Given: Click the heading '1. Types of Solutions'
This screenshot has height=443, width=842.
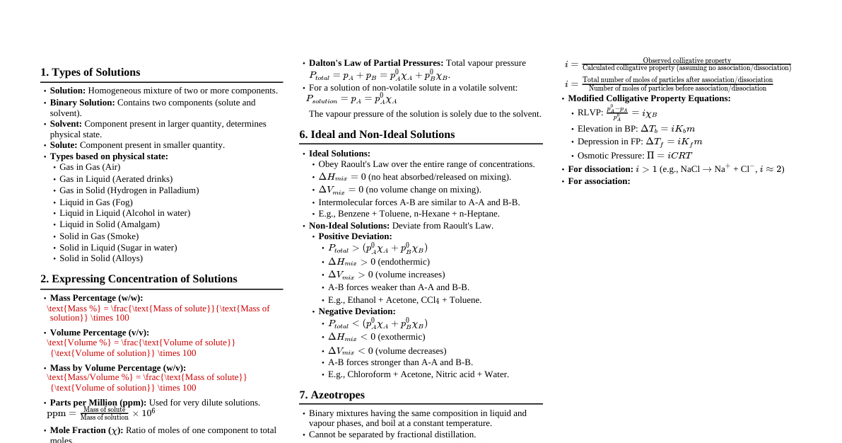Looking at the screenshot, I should point(90,72).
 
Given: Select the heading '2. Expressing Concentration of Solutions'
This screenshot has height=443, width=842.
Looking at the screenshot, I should point(139,279).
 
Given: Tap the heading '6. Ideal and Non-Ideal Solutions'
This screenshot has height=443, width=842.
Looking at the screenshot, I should point(377,134).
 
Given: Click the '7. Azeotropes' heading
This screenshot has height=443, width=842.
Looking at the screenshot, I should point(332,395).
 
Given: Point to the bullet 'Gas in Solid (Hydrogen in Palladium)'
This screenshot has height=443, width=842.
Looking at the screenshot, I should point(129,190).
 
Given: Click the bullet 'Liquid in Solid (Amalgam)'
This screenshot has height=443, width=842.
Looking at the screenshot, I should point(110,224).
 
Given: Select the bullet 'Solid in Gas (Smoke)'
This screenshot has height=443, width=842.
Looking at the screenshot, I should point(99,236).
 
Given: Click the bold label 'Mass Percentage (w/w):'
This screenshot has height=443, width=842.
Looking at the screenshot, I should point(96,298).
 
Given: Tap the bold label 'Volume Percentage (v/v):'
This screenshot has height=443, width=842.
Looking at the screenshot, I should point(99,333).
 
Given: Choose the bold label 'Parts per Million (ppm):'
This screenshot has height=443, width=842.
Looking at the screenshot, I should point(98,403).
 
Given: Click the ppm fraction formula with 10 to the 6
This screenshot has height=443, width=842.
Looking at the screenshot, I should point(100,413).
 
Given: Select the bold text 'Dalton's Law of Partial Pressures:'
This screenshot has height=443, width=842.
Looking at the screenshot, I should point(376,63).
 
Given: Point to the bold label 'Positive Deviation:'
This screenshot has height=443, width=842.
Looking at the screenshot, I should point(355,236).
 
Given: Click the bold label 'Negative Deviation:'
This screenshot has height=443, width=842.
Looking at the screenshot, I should point(356,311).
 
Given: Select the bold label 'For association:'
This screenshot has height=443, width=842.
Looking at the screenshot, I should point(599,181).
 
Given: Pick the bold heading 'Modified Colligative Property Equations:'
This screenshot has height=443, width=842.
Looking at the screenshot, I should point(649,98).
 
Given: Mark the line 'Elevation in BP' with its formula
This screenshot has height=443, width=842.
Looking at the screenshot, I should point(636,129).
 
